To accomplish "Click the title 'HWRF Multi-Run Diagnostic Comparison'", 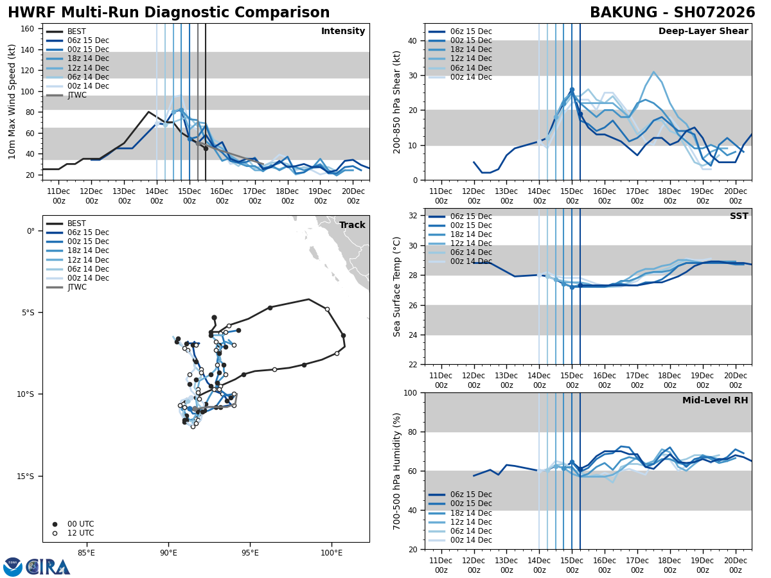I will point(168,13).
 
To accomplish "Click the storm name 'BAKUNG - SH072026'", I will point(672,13).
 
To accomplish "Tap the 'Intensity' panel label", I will point(343,31).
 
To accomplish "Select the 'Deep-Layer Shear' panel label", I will point(703,31).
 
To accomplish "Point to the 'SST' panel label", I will point(739,216).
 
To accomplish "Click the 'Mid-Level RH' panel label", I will point(715,401).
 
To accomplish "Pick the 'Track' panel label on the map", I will point(352,225).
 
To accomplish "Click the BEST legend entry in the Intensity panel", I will point(76,31).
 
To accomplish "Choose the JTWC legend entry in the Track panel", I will point(76,287).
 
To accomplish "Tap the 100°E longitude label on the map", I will point(332,552).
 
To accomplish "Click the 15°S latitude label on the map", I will point(25,477).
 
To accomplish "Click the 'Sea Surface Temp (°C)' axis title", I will point(397,286).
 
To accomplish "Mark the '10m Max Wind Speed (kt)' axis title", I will point(12,101).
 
